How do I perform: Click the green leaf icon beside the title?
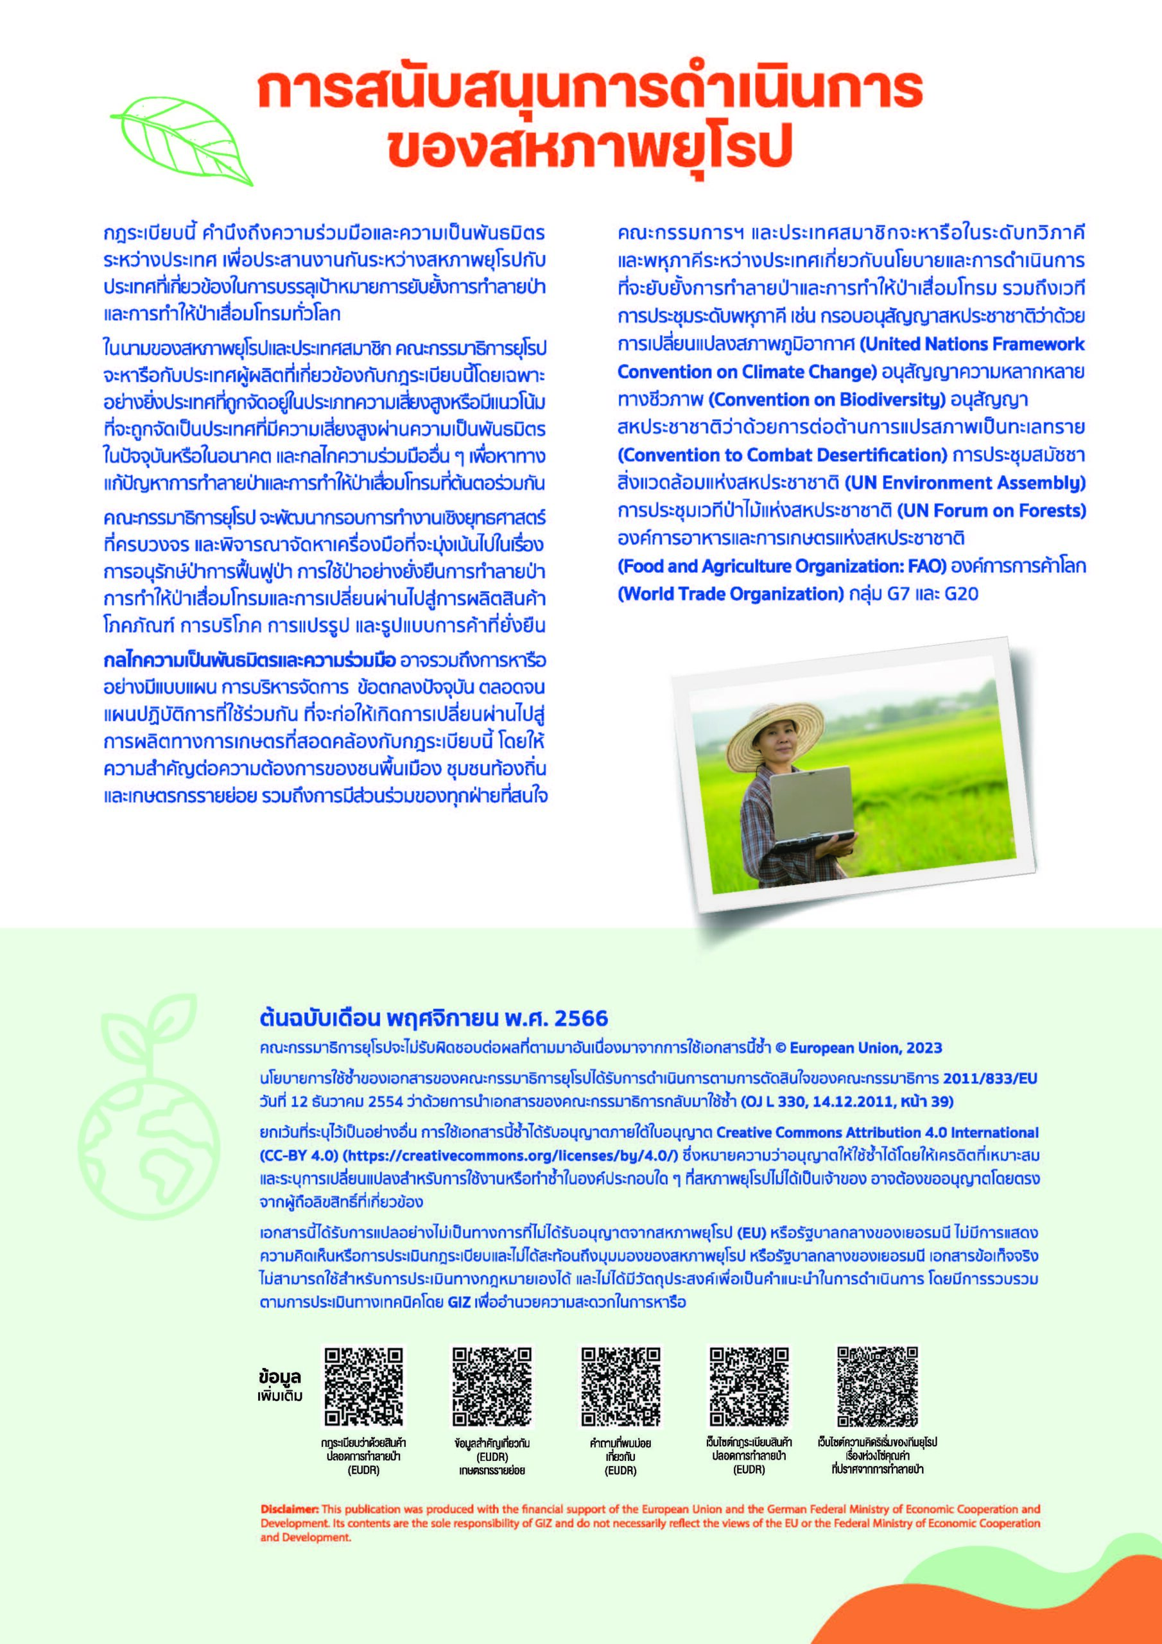(x=180, y=139)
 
